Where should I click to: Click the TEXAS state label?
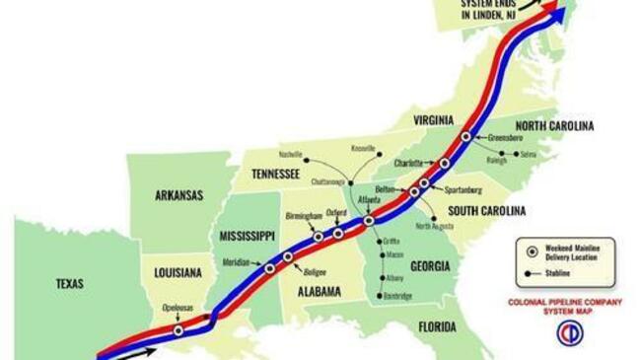pyautogui.click(x=69, y=284)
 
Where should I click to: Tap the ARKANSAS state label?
pyautogui.click(x=178, y=195)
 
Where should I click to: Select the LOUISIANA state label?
pyautogui.click(x=178, y=271)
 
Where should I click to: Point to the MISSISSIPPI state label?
pyautogui.click(x=246, y=237)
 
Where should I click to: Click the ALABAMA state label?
pyautogui.click(x=315, y=291)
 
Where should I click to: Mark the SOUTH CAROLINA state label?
pyautogui.click(x=486, y=210)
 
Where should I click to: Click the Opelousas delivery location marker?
pyautogui.click(x=178, y=330)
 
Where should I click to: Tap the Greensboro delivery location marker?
pyautogui.click(x=465, y=137)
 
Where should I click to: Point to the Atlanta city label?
pyautogui.click(x=369, y=199)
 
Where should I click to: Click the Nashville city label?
pyautogui.click(x=290, y=155)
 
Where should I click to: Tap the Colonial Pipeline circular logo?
pyautogui.click(x=569, y=333)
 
